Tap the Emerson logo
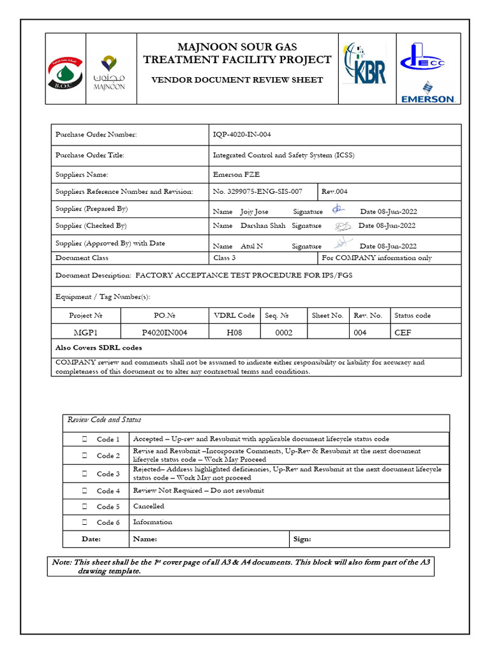click(x=427, y=91)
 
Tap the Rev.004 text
click(x=334, y=191)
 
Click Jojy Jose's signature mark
click(x=338, y=210)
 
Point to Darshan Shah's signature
click(x=342, y=226)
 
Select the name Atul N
click(x=252, y=246)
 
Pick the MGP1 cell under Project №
click(x=85, y=332)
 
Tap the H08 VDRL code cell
click(x=234, y=332)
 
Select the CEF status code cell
click(x=403, y=332)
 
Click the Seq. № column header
click(x=276, y=315)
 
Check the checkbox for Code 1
click(x=84, y=439)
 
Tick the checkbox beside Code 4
click(x=84, y=491)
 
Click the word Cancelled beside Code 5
click(x=148, y=506)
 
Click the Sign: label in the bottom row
click(x=302, y=539)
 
